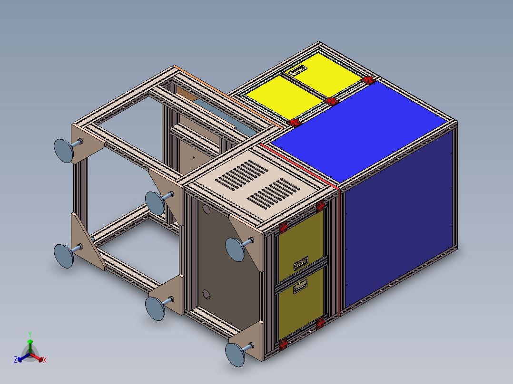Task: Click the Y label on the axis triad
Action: click(30, 334)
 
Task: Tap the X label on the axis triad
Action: click(44, 360)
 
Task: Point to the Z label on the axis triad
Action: click(16, 360)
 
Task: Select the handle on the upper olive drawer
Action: click(302, 262)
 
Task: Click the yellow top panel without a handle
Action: click(284, 97)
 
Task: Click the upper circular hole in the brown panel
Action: click(206, 209)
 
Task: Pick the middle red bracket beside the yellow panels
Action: click(332, 101)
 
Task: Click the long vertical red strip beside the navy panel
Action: click(339, 252)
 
